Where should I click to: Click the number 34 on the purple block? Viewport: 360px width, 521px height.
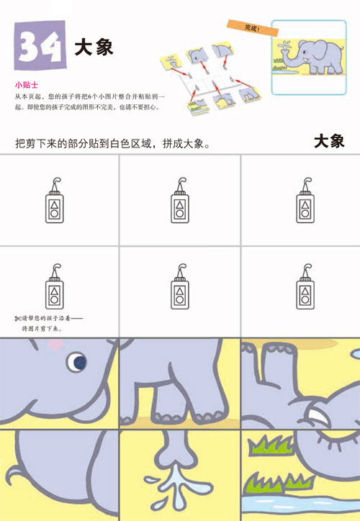39,45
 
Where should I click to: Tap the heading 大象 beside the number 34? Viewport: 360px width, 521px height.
94,47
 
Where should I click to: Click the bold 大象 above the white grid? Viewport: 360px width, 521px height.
329,141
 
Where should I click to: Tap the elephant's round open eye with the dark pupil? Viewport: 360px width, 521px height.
76,361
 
